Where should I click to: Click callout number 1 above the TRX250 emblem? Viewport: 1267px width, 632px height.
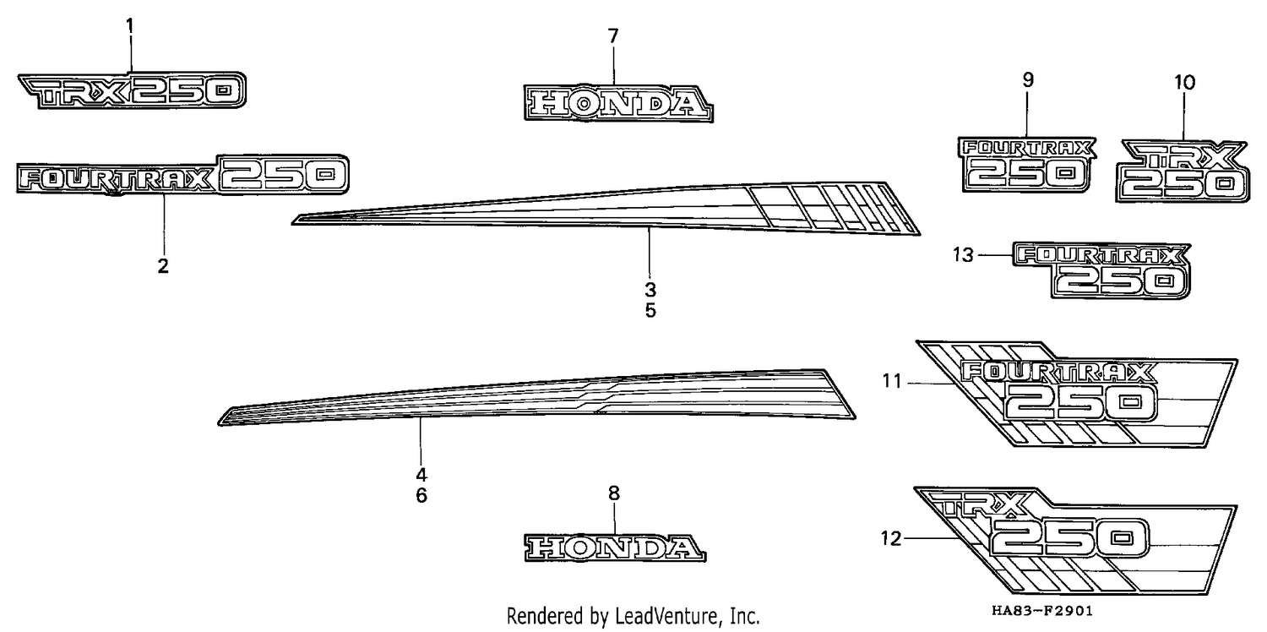pos(129,26)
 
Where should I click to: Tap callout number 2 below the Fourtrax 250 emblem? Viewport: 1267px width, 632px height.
pos(163,265)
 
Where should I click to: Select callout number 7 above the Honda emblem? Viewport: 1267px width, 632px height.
pos(614,36)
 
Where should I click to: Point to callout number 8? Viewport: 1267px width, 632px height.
pos(614,493)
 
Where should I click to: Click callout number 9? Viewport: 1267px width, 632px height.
pos(1028,80)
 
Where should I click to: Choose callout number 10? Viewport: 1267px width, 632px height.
pos(1184,83)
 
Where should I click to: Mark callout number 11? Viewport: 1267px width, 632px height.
pos(892,381)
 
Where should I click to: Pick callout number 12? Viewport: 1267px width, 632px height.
pos(891,539)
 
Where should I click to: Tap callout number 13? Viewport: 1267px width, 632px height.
pos(963,255)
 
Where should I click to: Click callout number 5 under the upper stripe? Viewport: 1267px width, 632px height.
pos(650,311)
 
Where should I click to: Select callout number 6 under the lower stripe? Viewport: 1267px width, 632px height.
pos(421,496)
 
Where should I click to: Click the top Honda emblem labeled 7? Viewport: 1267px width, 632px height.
pos(618,104)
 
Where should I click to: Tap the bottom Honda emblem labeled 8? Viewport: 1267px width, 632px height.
pos(615,548)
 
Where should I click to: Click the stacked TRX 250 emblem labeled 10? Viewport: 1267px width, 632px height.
pos(1183,171)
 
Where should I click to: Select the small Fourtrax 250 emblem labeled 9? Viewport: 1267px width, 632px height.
pos(1026,164)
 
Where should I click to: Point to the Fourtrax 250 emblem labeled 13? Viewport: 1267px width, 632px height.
pos(1101,270)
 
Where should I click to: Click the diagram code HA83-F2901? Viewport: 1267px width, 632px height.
pos(1041,611)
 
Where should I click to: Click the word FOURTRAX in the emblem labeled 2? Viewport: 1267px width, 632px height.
pos(116,179)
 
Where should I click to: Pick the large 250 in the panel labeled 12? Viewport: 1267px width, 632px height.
pos(1069,537)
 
